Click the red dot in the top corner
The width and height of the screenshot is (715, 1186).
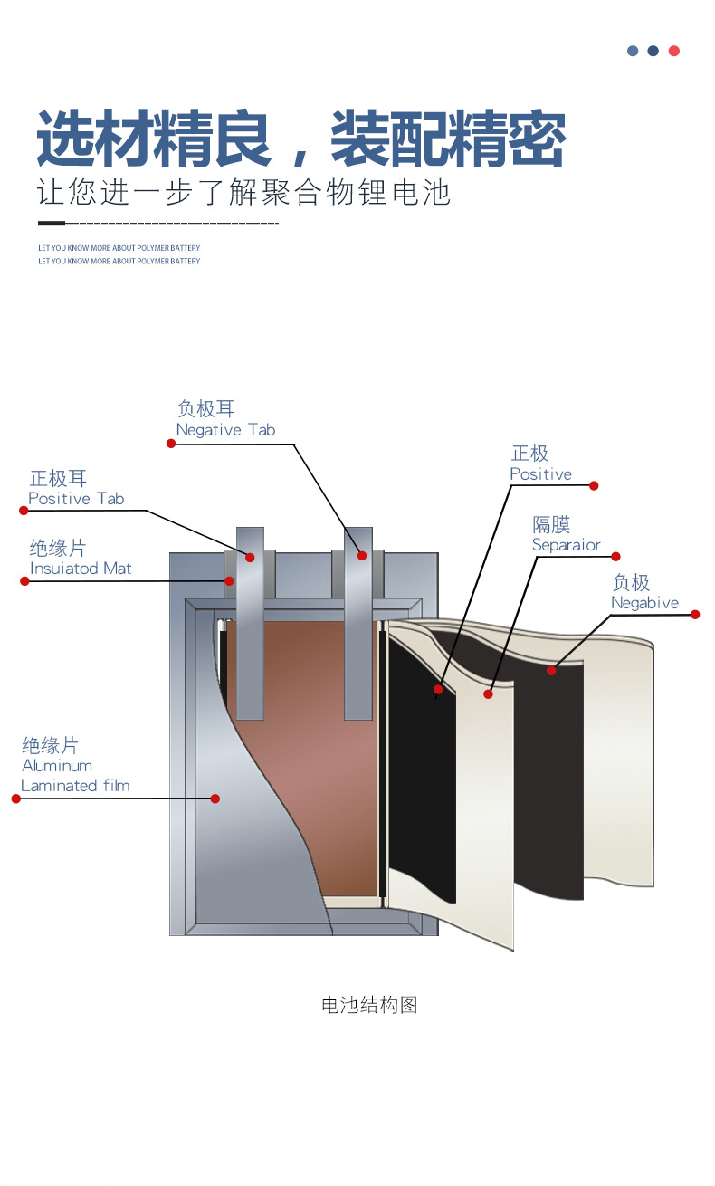click(x=673, y=51)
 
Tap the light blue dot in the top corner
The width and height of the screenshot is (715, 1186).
click(x=633, y=51)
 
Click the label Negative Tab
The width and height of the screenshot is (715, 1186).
click(x=225, y=430)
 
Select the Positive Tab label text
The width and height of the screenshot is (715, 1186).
click(x=76, y=499)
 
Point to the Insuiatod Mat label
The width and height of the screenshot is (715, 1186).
click(x=81, y=569)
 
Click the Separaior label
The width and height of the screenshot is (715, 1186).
click(x=566, y=545)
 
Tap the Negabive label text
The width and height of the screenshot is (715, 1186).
click(x=644, y=603)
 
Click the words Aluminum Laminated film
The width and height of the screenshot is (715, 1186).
click(x=75, y=776)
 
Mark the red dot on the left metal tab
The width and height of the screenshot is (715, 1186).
click(x=250, y=557)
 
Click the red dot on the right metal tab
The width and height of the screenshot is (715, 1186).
click(x=362, y=555)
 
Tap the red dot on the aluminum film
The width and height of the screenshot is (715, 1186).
click(x=214, y=799)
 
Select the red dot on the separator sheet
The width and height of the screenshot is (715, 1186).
click(x=488, y=693)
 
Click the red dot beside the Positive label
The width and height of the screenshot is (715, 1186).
click(x=594, y=485)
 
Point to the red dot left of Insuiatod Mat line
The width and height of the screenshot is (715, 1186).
click(x=24, y=581)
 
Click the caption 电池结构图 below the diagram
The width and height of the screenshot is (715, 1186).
click(x=369, y=1005)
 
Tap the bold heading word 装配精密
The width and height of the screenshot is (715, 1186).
click(x=448, y=139)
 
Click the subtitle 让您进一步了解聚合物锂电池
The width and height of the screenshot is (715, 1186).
click(x=244, y=192)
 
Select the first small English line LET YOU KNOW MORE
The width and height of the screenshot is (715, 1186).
click(x=119, y=248)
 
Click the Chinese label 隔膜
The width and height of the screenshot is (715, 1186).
click(x=551, y=525)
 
